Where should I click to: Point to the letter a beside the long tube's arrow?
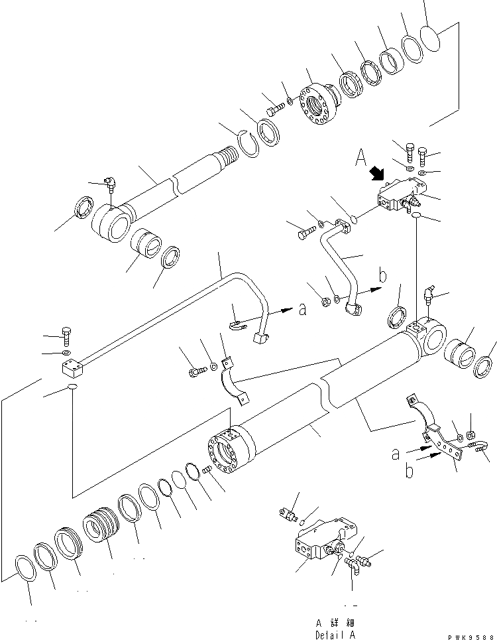[x=302, y=308]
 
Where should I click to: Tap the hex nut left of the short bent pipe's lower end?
[x=325, y=302]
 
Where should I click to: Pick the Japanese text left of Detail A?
[x=329, y=623]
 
